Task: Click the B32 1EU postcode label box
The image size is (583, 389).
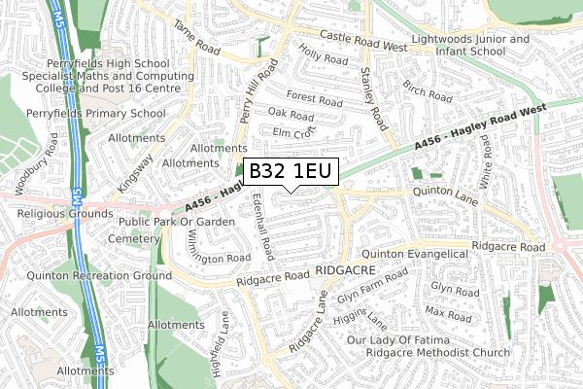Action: [291, 172]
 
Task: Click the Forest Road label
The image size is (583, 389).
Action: [314, 99]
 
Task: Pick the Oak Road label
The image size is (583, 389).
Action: [291, 115]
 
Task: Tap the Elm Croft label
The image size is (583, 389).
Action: [295, 131]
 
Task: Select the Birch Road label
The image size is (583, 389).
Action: [427, 91]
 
